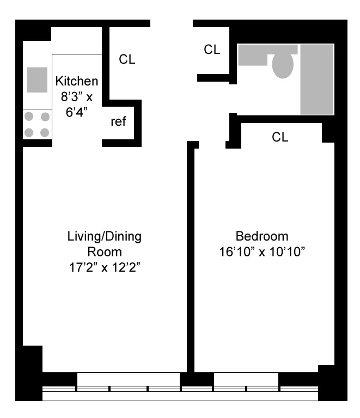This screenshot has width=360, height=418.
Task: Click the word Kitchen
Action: pos(77,82)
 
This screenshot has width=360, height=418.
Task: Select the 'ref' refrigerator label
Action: pos(119,122)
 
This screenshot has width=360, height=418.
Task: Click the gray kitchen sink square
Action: pos(37,79)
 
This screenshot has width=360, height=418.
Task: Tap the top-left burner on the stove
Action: pos(29,116)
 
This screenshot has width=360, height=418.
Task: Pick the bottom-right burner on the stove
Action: pos(45,132)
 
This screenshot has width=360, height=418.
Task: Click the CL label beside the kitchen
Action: pos(127,59)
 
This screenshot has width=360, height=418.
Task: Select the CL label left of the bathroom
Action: pos(212,50)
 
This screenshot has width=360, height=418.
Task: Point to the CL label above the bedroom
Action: pos(280,138)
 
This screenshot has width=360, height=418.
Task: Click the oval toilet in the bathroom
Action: pos(283,65)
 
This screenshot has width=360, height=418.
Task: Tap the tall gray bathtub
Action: pos(316,79)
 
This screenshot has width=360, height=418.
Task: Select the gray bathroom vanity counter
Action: pos(256,54)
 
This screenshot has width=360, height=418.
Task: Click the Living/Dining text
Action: pos(104,237)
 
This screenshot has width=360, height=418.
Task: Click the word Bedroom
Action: pos(261,237)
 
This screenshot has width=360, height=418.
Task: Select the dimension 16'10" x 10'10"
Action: pos(261,252)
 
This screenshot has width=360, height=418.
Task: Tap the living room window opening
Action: pos(129,379)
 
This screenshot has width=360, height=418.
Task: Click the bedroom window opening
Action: pos(246,379)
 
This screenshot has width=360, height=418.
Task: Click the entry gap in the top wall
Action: pos(172,24)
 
